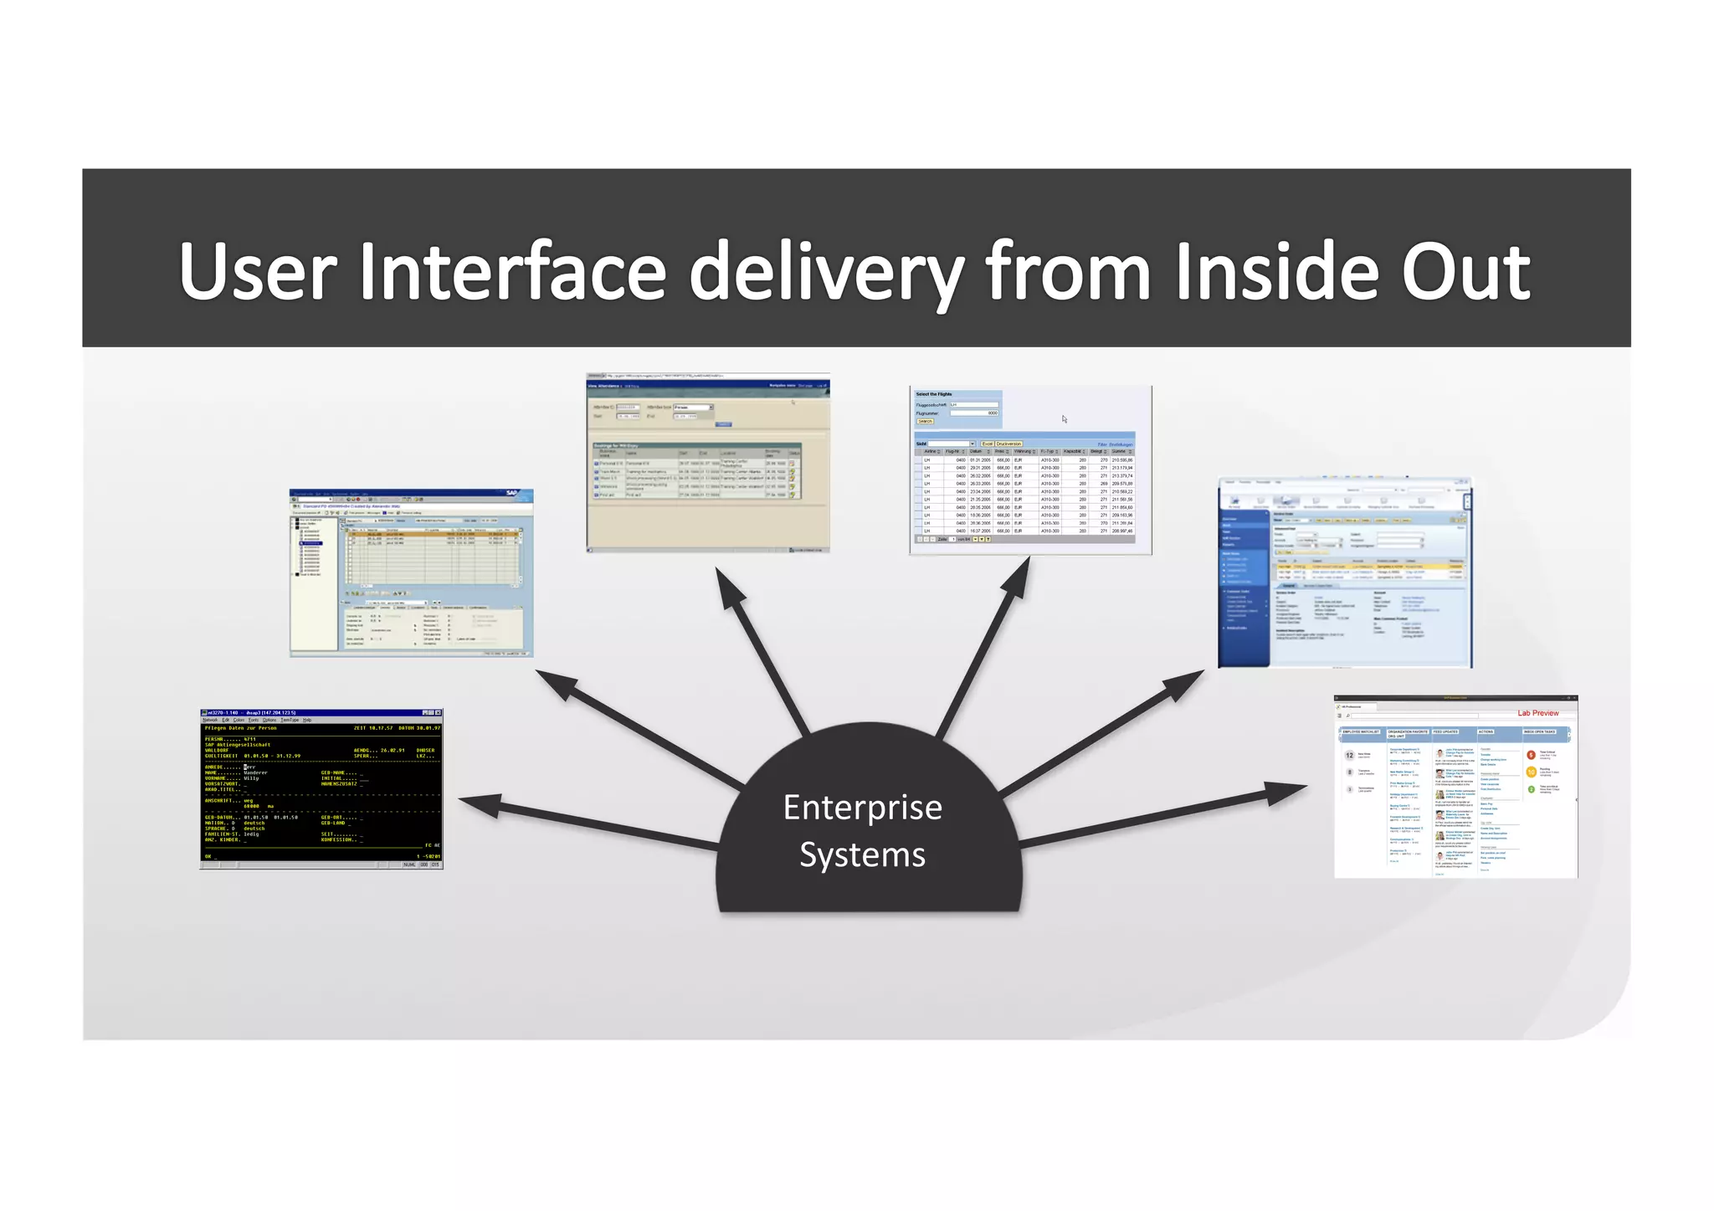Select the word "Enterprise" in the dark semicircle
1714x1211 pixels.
862,808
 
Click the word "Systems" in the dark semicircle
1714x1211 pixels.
862,854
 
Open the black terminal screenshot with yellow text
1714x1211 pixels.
321,788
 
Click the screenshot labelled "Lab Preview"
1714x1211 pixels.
1455,787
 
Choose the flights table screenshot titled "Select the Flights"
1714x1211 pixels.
1030,470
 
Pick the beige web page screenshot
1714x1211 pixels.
708,463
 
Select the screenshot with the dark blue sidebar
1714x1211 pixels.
1345,573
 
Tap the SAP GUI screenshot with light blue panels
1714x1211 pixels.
411,573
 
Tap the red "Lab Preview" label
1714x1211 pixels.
1538,713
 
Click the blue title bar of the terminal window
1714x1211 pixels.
321,712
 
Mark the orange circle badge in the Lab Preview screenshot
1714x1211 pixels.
1532,772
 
